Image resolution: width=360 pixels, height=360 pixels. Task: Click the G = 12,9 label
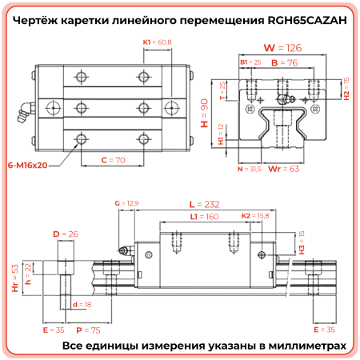[x=127, y=205]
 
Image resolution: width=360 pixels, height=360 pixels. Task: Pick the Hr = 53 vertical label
[x=14, y=277]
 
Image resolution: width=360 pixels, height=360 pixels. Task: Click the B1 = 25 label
[x=250, y=62]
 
